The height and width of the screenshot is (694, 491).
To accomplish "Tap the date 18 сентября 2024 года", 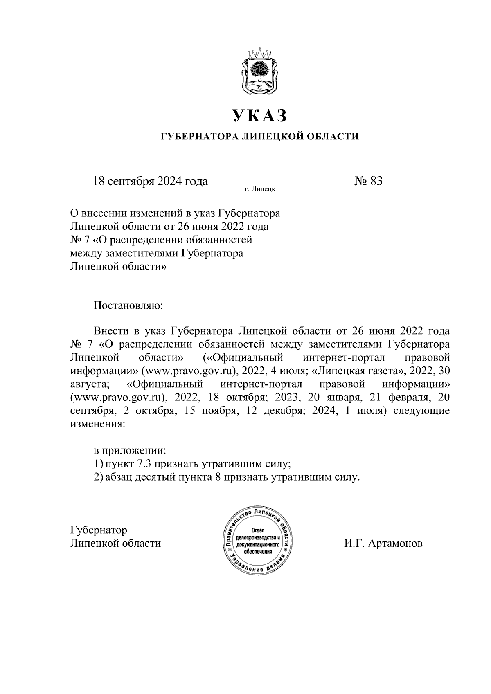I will pos(151,181).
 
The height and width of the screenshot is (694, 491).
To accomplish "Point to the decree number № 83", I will pos(368,181).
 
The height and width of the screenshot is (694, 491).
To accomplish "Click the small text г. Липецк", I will pos(259,189).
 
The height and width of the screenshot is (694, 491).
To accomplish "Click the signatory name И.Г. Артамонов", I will pos(383,544).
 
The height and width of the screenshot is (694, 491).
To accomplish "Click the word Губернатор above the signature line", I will pos(99,530).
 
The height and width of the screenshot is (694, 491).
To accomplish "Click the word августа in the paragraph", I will pos(90,385).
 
